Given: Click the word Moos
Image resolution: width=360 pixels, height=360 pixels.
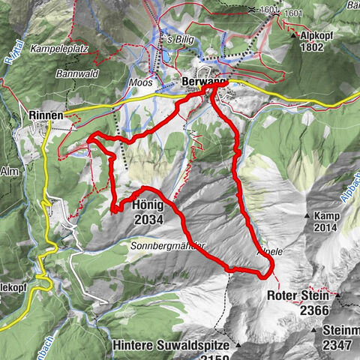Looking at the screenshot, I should pyautogui.click(x=140, y=82).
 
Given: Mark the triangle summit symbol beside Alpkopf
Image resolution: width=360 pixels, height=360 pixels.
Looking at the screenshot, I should pyautogui.click(x=291, y=34).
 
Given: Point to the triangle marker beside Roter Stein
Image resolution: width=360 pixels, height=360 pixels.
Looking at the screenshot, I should pyautogui.click(x=338, y=295).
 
